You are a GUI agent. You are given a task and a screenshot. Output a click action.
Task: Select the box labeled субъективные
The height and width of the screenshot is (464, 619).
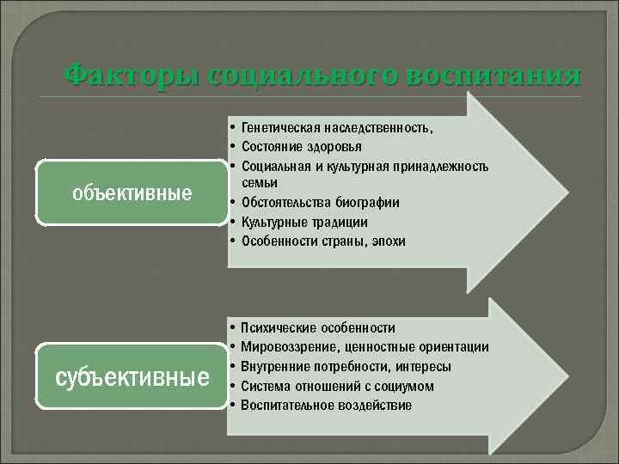132,376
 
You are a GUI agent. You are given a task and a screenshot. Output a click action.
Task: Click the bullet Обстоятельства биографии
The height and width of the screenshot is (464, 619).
320,203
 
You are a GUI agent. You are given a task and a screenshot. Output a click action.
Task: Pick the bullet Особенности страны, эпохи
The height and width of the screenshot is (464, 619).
323,241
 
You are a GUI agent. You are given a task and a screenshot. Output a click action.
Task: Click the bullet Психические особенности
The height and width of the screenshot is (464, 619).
318,327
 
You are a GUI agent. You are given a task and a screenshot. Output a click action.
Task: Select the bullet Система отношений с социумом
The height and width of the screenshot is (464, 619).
337,386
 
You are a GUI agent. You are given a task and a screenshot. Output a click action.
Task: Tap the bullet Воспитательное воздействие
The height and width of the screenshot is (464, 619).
326,405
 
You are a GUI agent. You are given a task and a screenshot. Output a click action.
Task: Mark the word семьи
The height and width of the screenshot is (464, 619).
259,183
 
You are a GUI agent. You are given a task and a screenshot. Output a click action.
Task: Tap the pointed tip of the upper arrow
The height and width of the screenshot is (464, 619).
567,190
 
